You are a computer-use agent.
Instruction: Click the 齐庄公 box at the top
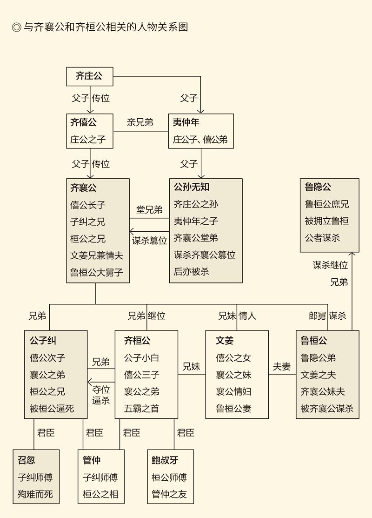pos(89,76)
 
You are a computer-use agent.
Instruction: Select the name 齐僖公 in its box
pos(84,122)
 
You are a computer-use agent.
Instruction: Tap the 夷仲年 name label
pos(186,122)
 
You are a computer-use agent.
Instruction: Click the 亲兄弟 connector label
pos(140,122)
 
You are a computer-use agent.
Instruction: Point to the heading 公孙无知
pos(192,187)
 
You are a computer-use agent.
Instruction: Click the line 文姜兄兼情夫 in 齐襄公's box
pos(97,256)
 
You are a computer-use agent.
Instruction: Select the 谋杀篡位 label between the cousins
pos(149,241)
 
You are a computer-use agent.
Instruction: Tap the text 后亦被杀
pos(192,272)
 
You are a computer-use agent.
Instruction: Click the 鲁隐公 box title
pos(318,187)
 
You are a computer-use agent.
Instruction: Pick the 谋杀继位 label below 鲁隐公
pos(330,265)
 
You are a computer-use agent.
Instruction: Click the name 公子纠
pos(43,341)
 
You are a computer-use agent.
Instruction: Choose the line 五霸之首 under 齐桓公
pos(141,409)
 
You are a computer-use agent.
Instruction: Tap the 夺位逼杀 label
pos(101,395)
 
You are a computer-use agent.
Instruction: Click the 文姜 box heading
pos(225,341)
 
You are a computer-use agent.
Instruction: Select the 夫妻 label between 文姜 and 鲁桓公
pos(282,366)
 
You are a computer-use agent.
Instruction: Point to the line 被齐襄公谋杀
pos(327,409)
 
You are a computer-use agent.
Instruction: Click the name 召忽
pos(27,460)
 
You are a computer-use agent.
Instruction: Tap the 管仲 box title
pos(92,460)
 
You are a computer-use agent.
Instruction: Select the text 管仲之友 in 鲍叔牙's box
pos(169,494)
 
